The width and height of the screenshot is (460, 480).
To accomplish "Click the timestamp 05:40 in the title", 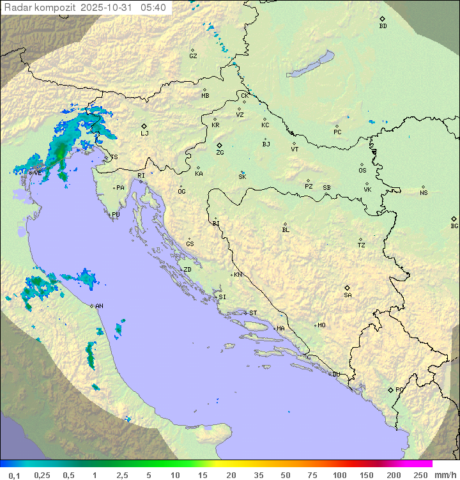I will tap(153, 8).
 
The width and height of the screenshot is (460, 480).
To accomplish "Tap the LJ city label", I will tap(144, 134).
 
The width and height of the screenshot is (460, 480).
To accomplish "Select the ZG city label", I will tap(220, 153).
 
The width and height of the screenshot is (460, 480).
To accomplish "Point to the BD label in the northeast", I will tap(383, 26).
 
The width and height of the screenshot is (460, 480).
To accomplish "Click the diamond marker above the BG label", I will tap(454, 219).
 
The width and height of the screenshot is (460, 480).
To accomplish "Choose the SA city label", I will tap(348, 295).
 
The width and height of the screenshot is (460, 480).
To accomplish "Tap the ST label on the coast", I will tap(253, 313).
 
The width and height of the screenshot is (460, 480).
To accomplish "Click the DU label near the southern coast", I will tap(335, 375).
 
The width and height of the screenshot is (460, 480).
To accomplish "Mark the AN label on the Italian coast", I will tap(99, 306).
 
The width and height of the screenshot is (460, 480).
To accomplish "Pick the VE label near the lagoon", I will tap(38, 173).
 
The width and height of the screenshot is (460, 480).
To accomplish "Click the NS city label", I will tap(424, 193).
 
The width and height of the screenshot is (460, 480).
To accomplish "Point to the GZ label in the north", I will tap(193, 56).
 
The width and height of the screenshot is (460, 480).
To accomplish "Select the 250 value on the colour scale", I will tap(420, 475).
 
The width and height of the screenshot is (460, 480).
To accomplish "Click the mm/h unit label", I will tap(444, 475).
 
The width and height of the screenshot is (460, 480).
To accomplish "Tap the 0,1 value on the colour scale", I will tap(14, 475).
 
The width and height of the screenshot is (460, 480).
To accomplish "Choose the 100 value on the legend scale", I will tap(339, 475).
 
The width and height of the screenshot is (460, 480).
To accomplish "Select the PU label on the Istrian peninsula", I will tap(116, 215).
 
